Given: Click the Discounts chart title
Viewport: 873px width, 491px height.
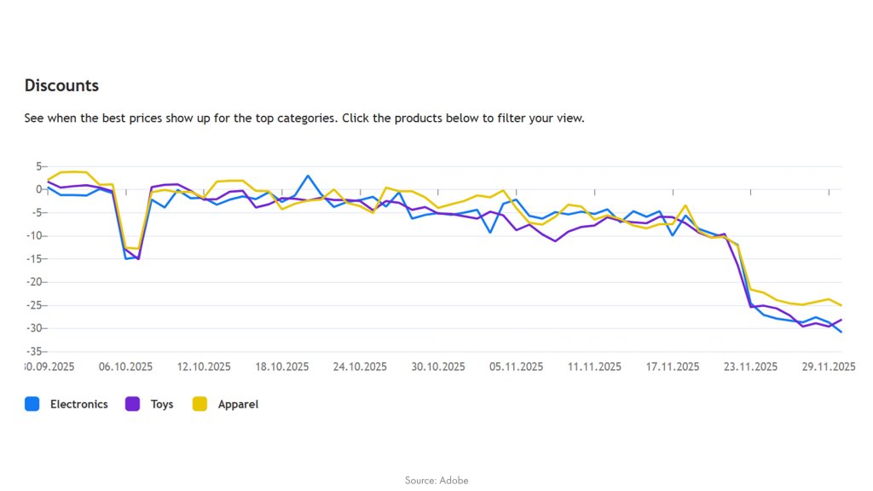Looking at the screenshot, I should (61, 85).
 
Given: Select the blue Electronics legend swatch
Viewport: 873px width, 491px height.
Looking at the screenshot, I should (32, 404).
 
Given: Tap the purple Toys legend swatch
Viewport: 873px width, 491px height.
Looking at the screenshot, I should (133, 404).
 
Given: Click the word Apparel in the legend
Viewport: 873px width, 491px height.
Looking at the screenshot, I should (238, 404).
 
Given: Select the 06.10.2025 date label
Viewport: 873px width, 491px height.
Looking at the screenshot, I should (125, 367).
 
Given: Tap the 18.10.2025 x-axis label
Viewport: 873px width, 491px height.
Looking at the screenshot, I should (281, 367).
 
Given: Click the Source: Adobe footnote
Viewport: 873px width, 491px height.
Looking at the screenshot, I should (436, 480).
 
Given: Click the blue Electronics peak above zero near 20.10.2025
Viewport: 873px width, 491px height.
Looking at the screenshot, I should (308, 176).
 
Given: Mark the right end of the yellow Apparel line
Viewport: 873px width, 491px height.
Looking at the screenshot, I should (841, 305).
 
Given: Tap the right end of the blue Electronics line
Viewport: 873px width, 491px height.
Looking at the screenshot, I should (841, 332).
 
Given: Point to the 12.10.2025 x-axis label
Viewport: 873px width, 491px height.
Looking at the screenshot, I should (204, 367).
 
